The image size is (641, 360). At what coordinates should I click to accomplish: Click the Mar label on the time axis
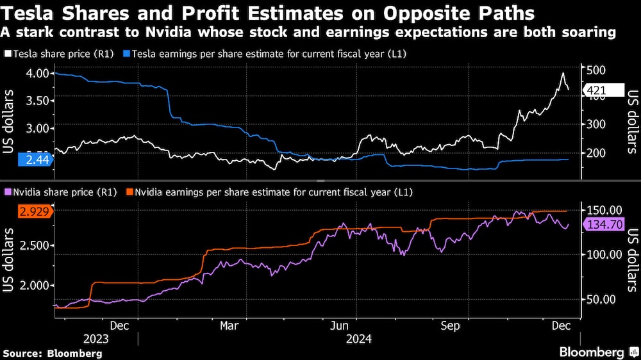pyautogui.click(x=229, y=325)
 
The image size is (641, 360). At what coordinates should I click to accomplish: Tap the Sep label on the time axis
pyautogui.click(x=451, y=325)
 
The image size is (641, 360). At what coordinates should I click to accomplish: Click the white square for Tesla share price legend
pyautogui.click(x=7, y=56)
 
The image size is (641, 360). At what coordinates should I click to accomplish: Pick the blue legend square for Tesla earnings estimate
pyautogui.click(x=127, y=56)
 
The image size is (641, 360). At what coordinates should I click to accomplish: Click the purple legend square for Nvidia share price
pyautogui.click(x=7, y=192)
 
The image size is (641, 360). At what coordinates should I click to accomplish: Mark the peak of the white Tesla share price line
pyautogui.click(x=562, y=74)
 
